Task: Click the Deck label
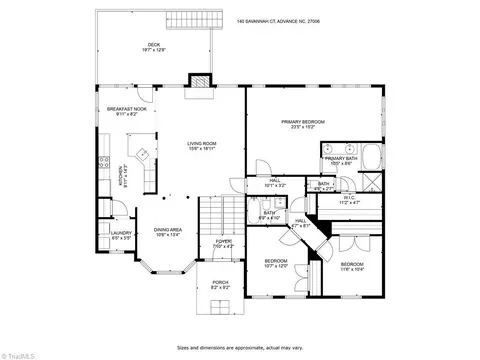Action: click(x=153, y=46)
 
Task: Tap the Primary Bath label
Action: click(x=341, y=160)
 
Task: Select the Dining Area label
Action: click(x=168, y=233)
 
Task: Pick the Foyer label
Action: click(x=224, y=242)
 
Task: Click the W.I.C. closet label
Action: click(x=348, y=199)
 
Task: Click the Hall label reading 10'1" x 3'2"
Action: click(x=275, y=184)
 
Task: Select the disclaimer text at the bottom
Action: click(x=240, y=348)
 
